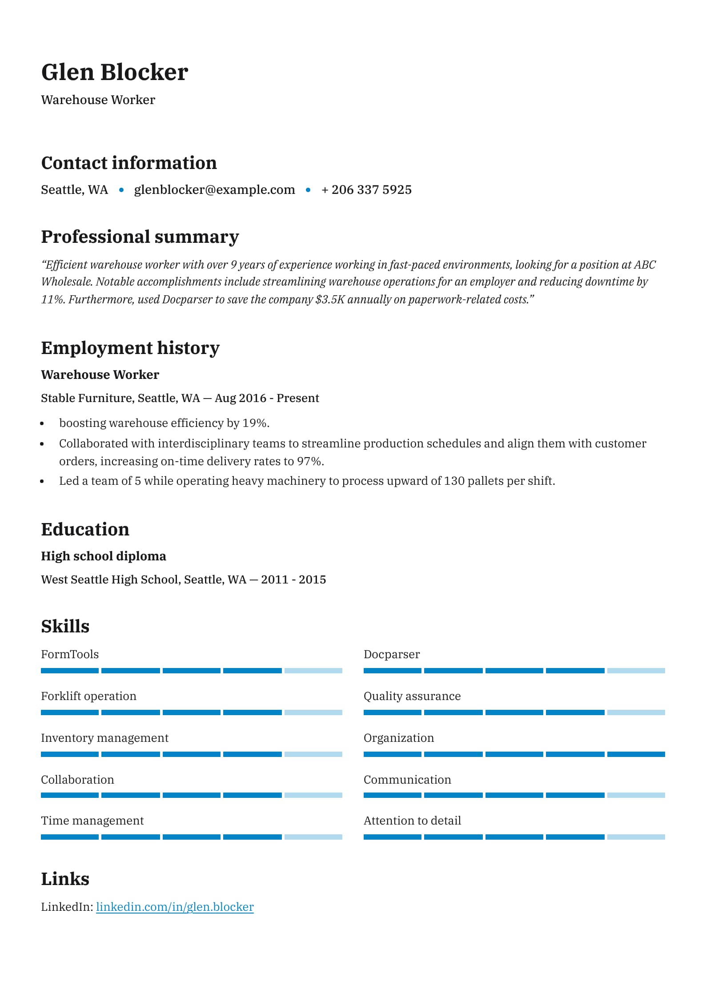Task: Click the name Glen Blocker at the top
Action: click(x=114, y=72)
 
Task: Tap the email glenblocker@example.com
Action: click(x=214, y=189)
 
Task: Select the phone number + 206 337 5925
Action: click(x=367, y=189)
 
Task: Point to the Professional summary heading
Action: click(x=140, y=237)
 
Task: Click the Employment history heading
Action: click(x=130, y=348)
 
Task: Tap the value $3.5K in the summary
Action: click(x=330, y=299)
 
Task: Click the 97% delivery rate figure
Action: click(x=309, y=461)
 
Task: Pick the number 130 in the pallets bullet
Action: click(x=454, y=481)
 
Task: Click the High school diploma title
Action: click(x=103, y=556)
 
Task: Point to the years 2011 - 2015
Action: click(x=293, y=579)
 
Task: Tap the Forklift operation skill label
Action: click(x=88, y=696)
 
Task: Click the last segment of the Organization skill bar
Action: click(x=636, y=754)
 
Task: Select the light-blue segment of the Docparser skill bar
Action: click(x=636, y=671)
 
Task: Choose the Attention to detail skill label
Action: click(x=412, y=821)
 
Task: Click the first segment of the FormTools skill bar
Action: click(x=70, y=671)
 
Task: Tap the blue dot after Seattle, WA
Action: click(x=121, y=190)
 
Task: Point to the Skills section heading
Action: click(x=65, y=626)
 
